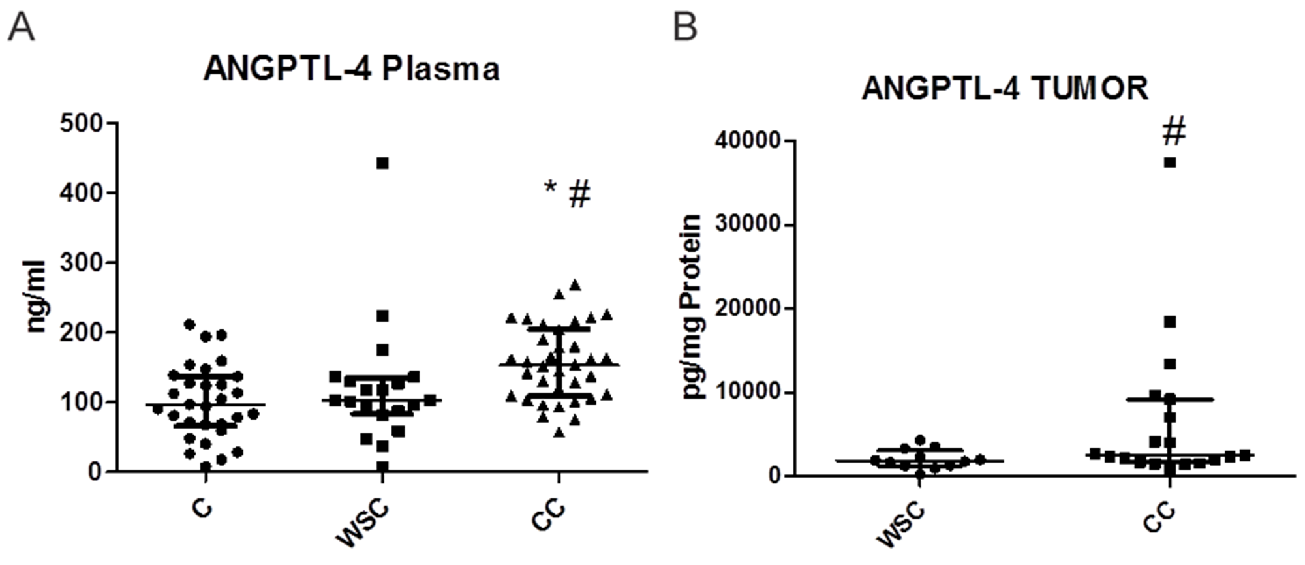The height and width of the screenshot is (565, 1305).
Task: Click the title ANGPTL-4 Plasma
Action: (x=352, y=69)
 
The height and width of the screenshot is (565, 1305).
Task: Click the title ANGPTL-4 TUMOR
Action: (x=1005, y=88)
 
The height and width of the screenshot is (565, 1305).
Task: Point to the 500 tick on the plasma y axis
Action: (x=83, y=123)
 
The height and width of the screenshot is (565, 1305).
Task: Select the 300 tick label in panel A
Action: (x=83, y=262)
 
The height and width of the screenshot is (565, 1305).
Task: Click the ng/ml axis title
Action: (x=36, y=297)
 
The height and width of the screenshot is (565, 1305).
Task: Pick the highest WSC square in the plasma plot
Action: (x=382, y=163)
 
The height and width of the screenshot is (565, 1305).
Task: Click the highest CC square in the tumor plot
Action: (x=1170, y=162)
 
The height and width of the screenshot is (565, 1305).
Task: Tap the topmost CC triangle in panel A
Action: (x=575, y=284)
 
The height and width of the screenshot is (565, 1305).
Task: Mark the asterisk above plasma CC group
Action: (x=551, y=188)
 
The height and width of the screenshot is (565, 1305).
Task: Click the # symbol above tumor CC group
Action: (x=1173, y=132)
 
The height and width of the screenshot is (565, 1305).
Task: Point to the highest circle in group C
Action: (x=190, y=324)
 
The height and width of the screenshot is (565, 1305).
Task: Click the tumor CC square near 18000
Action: (x=1170, y=322)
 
